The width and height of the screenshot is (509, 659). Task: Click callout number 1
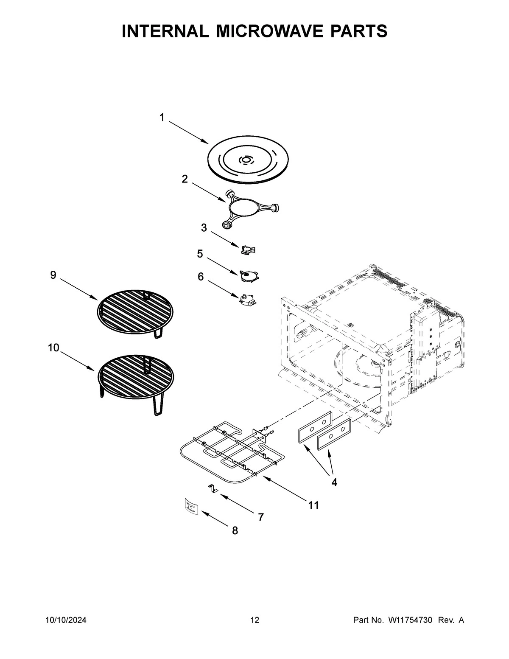(162, 118)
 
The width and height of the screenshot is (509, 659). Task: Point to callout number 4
(334, 482)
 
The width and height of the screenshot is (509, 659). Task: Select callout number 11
(313, 505)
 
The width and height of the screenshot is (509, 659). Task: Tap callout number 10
(53, 348)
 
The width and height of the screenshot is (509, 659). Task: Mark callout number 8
(235, 530)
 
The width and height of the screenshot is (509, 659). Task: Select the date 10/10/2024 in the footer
(66, 620)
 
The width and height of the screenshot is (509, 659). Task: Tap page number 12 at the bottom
(255, 620)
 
